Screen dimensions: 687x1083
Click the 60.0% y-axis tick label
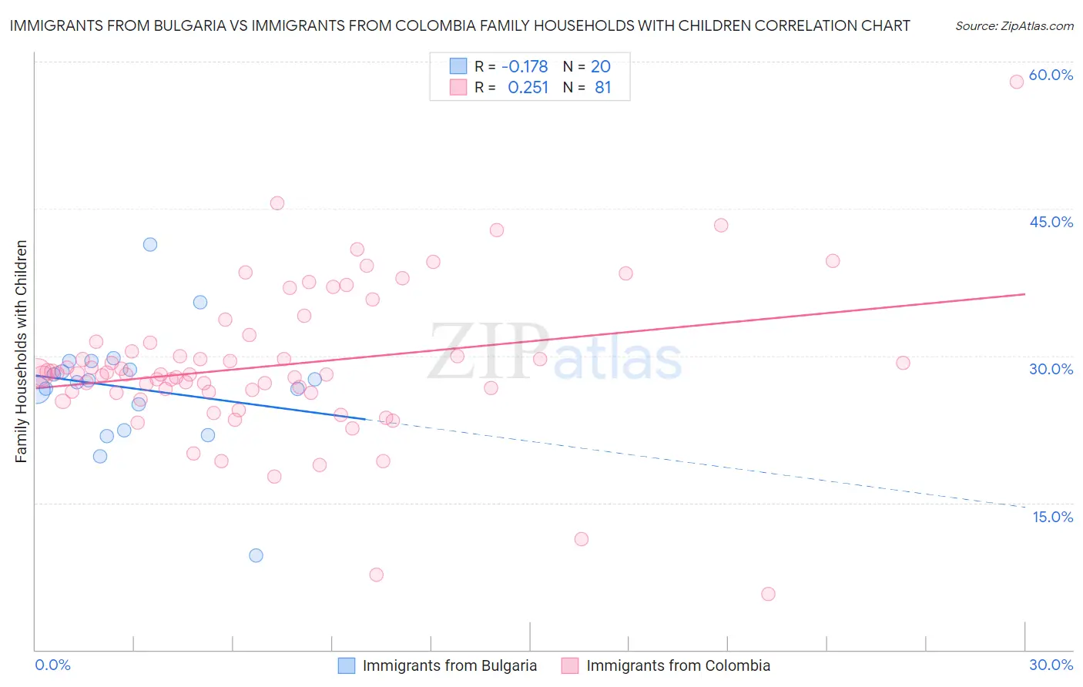pos(1051,75)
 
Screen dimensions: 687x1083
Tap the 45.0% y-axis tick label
pos(1051,222)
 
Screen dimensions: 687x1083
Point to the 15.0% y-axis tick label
pos(1052,517)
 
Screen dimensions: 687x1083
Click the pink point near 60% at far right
pos(1017,82)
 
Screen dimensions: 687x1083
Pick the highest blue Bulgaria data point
pos(150,244)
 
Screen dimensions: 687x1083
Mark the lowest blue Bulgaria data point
pos(256,555)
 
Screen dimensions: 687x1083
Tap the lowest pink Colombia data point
pos(768,594)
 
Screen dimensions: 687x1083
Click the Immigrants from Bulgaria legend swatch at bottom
pos(347,666)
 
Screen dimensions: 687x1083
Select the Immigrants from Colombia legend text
pos(678,666)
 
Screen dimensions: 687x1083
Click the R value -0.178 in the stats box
pos(525,67)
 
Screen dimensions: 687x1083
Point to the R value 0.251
pos(528,88)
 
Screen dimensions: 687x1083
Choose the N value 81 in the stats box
pos(602,88)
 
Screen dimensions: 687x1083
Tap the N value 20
pos(601,67)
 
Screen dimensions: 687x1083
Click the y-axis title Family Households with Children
pos(22,351)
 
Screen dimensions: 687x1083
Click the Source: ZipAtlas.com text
pos(1014,25)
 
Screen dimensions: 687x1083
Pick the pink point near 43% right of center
pos(721,225)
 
